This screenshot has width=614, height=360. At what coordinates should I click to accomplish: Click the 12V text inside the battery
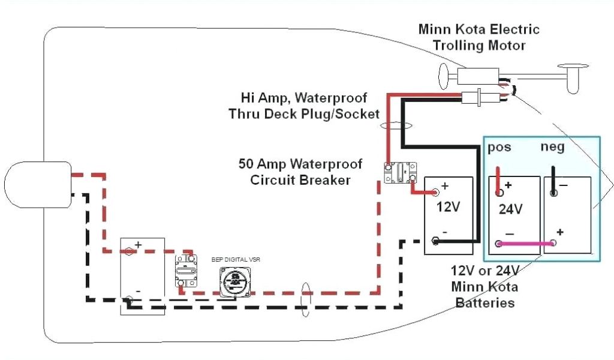pyautogui.click(x=448, y=207)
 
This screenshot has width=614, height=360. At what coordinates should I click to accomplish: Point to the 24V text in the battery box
pyautogui.click(x=510, y=209)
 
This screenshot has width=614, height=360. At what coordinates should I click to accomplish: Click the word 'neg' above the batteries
pyautogui.click(x=552, y=146)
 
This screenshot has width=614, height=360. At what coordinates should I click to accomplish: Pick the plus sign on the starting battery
pyautogui.click(x=138, y=245)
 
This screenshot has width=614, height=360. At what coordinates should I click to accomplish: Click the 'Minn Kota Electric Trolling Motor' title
pyautogui.click(x=478, y=37)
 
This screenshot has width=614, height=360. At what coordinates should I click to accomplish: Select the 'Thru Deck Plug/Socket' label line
pyautogui.click(x=304, y=113)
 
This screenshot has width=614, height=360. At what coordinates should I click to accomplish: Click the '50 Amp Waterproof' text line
pyautogui.click(x=300, y=164)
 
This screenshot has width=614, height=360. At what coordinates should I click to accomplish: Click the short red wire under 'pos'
pyautogui.click(x=498, y=181)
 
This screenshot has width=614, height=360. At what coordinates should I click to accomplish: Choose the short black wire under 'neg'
pyautogui.click(x=554, y=181)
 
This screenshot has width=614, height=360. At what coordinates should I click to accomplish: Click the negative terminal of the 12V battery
pyautogui.click(x=435, y=241)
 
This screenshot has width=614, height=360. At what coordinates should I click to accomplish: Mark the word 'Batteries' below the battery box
pyautogui.click(x=485, y=302)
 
